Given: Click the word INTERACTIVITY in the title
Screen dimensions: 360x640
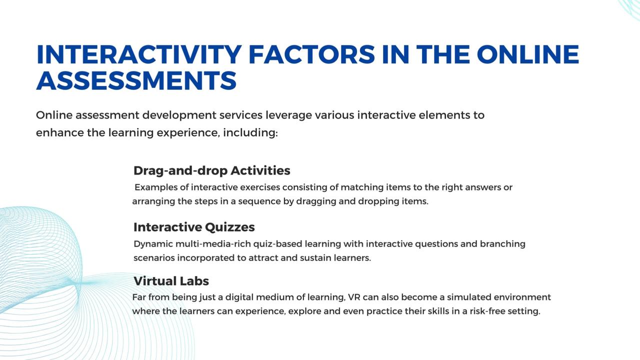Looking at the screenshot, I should pos(139,54).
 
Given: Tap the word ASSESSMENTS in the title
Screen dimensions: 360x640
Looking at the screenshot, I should pos(136,81).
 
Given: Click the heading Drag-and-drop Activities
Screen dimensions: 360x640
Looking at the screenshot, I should pos(211,170).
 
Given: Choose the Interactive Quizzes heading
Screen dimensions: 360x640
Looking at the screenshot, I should pos(194,227).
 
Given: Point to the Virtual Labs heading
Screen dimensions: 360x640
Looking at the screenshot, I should pos(171,281).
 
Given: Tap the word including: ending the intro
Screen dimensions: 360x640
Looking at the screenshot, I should pos(250,133).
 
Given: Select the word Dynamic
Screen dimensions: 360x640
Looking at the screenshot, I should pos(153,244).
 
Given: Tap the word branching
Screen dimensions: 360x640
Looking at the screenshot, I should pos(502,244).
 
